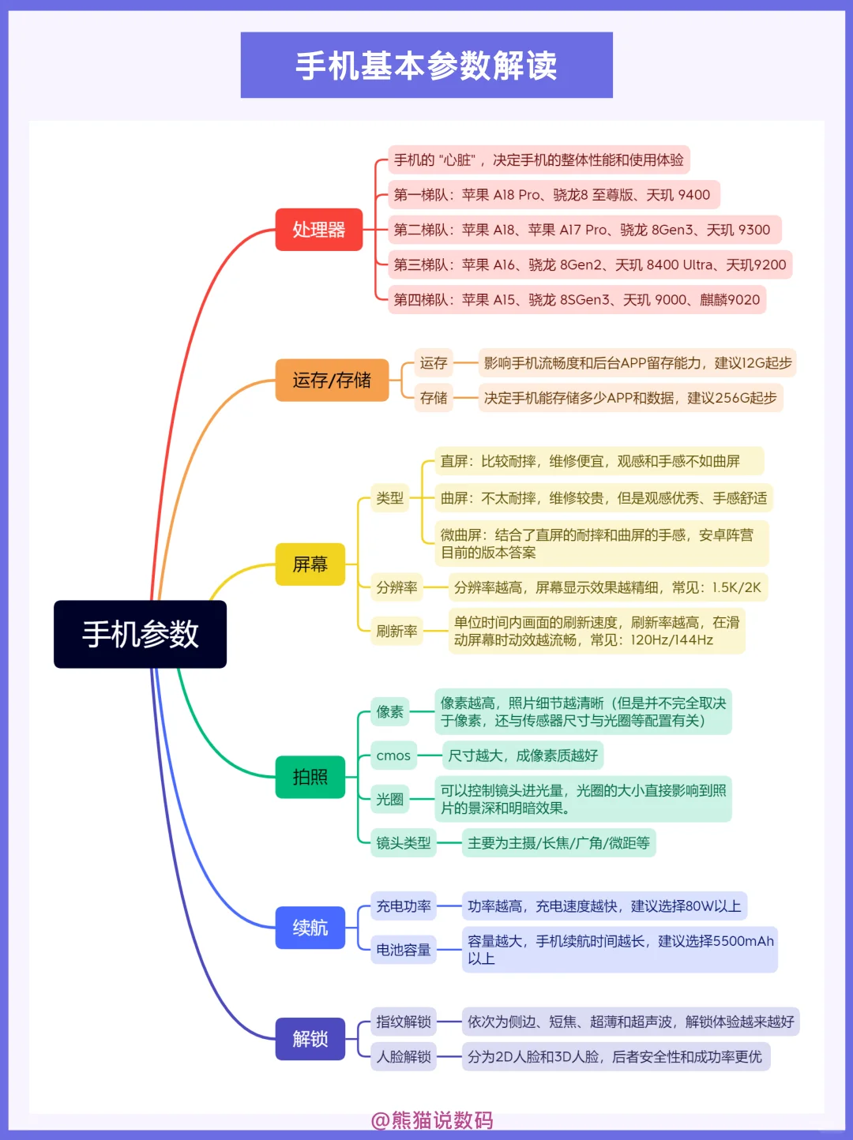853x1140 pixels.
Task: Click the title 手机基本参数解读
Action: [426, 66]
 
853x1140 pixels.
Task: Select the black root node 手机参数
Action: [141, 634]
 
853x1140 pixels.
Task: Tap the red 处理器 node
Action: [319, 230]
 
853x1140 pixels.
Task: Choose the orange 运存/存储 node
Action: [332, 381]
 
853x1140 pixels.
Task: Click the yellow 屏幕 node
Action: [310, 564]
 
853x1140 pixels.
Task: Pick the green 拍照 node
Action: [310, 777]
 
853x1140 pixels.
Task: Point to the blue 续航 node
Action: [310, 928]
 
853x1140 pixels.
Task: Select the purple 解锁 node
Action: [310, 1039]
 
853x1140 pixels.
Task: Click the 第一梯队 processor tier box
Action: [554, 195]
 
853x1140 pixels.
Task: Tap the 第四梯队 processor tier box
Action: [577, 300]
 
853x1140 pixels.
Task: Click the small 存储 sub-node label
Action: [434, 398]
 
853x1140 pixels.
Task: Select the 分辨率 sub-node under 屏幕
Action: [397, 587]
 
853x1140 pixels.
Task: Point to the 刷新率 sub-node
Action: [397, 631]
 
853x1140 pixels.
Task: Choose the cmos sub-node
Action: [394, 756]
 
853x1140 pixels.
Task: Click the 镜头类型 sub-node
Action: [404, 843]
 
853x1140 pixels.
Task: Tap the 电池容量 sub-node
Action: [404, 950]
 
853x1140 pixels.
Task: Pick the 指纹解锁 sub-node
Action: [404, 1022]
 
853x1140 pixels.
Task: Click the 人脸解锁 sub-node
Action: [404, 1056]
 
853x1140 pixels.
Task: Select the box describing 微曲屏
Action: [602, 543]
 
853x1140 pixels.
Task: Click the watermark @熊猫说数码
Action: [432, 1120]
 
